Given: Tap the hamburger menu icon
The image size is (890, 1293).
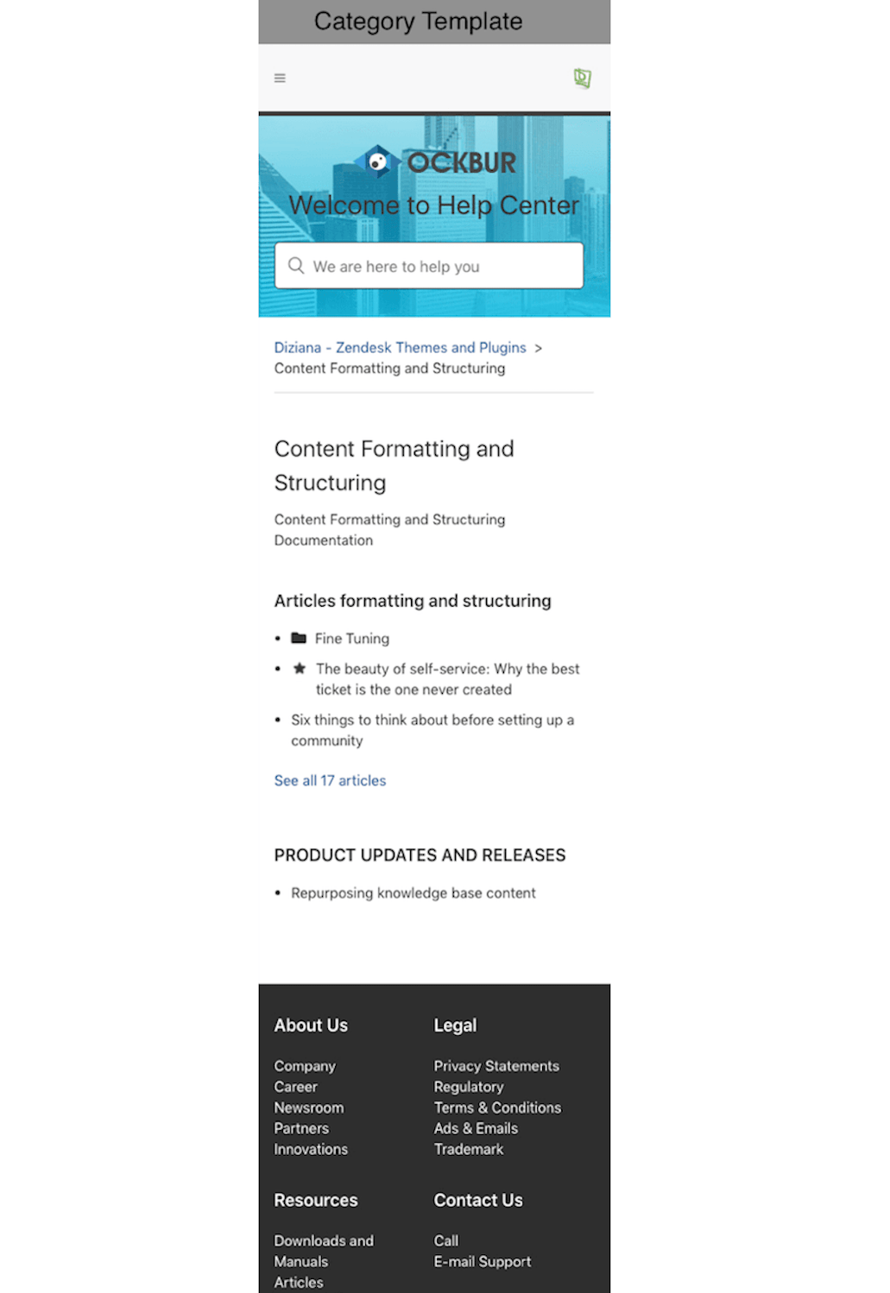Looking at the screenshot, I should (280, 78).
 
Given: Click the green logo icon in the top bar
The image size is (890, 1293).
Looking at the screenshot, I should (583, 79).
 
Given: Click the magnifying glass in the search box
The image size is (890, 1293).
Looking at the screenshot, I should (296, 265).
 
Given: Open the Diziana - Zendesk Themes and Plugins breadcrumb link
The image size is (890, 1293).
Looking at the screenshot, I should (400, 347).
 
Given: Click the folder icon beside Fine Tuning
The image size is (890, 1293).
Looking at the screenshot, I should (299, 638).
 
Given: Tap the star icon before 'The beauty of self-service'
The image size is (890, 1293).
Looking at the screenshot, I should (300, 668).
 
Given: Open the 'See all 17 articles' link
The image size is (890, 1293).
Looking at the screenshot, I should (330, 780).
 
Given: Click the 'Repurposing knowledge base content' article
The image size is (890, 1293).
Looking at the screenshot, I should (413, 892).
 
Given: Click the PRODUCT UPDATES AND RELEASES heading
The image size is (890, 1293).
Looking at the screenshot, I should (420, 855).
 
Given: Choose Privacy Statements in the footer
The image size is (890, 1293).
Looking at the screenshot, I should (496, 1066).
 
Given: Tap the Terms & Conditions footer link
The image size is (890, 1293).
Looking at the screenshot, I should (497, 1107).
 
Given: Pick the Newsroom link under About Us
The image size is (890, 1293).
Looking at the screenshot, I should (309, 1107).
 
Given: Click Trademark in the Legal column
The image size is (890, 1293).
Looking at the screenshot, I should (469, 1149).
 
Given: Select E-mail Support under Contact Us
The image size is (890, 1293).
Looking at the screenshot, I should (483, 1261).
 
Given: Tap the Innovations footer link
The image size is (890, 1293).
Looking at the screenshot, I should (311, 1149).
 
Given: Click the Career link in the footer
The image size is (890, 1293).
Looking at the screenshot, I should (296, 1087).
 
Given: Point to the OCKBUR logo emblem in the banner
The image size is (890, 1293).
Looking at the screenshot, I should (377, 161).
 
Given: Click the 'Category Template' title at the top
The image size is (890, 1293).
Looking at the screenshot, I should (418, 21).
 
